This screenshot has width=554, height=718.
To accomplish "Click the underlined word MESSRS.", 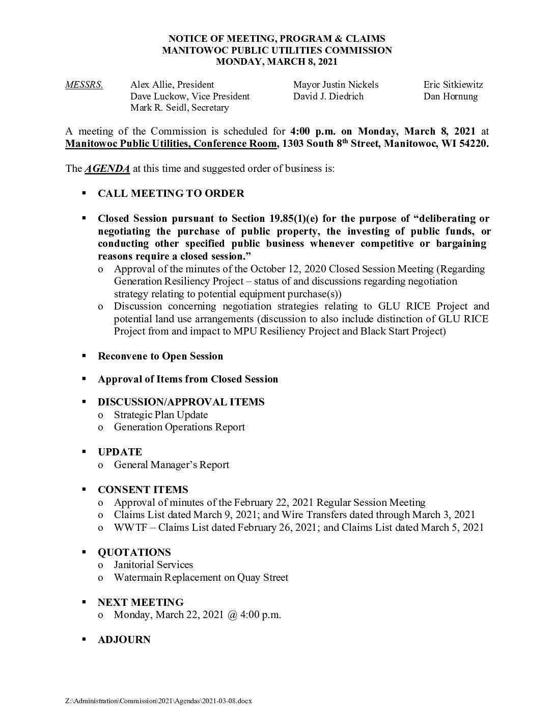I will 84,85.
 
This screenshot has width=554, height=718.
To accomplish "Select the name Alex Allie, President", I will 172,85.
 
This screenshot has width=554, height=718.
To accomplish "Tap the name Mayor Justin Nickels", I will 336,85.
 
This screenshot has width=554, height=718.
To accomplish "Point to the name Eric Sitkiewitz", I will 453,85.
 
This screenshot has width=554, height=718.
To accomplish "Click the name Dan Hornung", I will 451,96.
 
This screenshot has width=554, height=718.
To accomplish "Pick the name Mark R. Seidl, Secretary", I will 180,108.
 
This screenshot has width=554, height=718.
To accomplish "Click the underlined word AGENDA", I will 107,169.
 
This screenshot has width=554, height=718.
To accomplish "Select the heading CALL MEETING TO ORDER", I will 171,194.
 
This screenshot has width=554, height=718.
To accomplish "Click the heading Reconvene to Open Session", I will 160,356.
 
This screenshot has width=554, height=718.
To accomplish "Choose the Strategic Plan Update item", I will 161,415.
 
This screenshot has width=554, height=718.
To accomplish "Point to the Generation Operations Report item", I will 179,427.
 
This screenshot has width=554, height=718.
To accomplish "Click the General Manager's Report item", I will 172,465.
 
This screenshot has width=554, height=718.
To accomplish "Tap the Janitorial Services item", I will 153,565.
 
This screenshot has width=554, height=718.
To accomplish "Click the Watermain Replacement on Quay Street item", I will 201,578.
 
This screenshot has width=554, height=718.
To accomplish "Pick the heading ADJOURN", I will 124,640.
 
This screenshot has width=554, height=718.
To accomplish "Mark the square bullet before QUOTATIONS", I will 84,552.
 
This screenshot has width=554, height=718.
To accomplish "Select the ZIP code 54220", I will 473,144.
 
